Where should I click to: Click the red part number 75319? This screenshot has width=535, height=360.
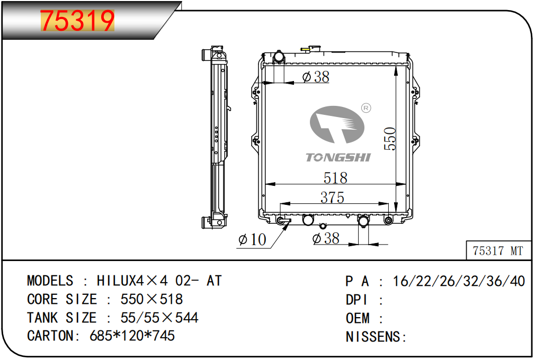pyautogui.click(x=77, y=21)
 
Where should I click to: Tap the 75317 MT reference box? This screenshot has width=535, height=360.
pyautogui.click(x=498, y=250)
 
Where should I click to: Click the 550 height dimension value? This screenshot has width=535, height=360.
pyautogui.click(x=390, y=138)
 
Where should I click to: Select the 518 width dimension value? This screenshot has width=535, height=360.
pyautogui.click(x=335, y=177)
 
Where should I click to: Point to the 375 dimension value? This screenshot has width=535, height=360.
pyautogui.click(x=332, y=197)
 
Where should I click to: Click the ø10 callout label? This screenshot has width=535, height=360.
pyautogui.click(x=253, y=239)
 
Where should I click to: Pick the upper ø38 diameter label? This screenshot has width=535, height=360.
pyautogui.click(x=316, y=77)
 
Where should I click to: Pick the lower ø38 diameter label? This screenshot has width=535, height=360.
pyautogui.click(x=326, y=238)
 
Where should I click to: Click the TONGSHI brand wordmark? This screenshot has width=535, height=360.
pyautogui.click(x=338, y=157)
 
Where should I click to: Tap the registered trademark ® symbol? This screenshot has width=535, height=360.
pyautogui.click(x=366, y=108)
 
